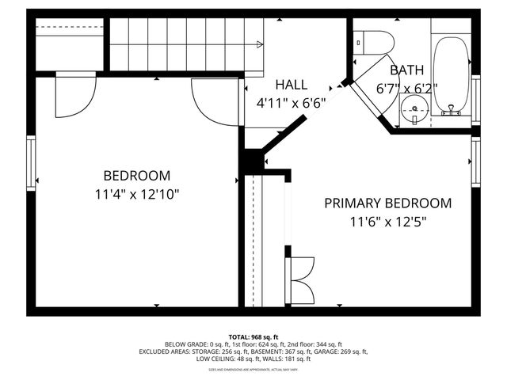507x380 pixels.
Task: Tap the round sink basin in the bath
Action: (414, 110)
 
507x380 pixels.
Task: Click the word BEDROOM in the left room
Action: (136, 175)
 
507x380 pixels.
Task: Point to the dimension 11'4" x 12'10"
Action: (136, 194)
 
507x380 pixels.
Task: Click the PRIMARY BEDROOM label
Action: (388, 203)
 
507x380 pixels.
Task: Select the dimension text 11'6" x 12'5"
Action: (388, 222)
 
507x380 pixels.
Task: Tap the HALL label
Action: (292, 85)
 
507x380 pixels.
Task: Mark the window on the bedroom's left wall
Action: (32, 163)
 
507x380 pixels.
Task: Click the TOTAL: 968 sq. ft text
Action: (253, 336)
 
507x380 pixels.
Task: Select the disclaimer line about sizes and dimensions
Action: (253, 369)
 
